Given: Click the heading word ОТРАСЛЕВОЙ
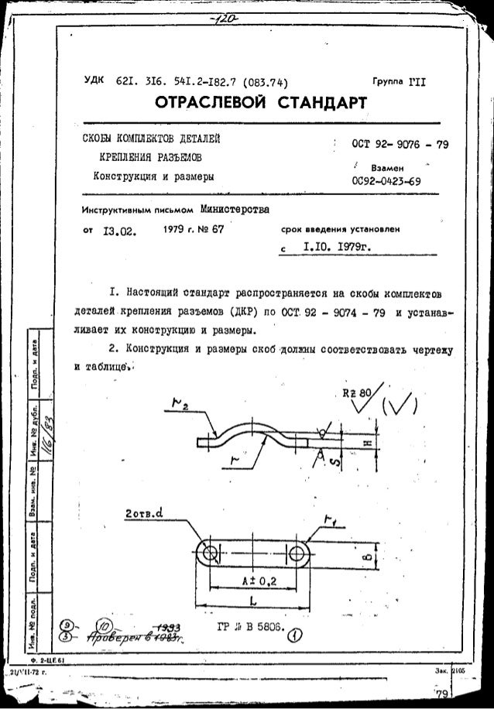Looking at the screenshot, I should tap(201, 103).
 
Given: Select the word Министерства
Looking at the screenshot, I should tap(235, 209).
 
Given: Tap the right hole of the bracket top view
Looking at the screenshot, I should tap(298, 553).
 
